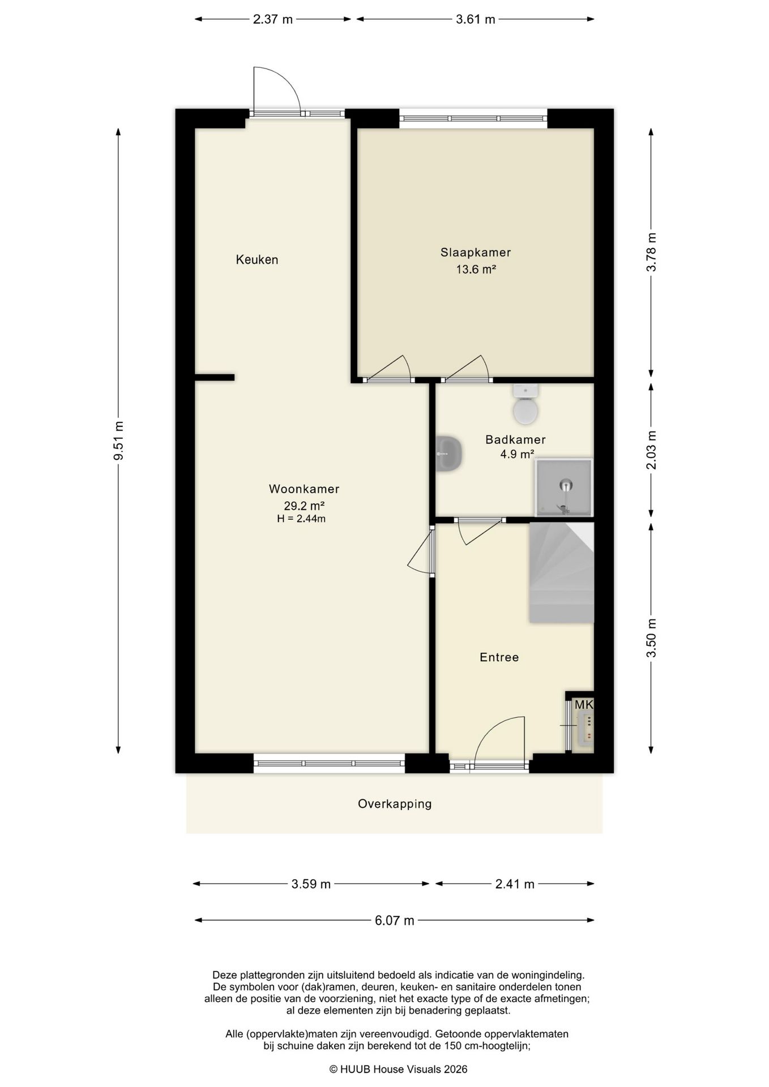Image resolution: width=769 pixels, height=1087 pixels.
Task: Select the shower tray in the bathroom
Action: (564, 487)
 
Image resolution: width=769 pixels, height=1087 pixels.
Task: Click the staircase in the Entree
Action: (561, 572)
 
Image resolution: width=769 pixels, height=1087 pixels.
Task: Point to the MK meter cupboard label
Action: (584, 705)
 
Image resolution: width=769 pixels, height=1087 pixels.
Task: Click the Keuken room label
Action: (257, 260)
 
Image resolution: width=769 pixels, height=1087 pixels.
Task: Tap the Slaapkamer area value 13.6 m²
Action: (476, 269)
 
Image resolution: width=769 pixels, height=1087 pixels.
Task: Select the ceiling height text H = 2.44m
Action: (301, 519)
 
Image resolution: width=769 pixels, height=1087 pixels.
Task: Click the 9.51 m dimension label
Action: (118, 442)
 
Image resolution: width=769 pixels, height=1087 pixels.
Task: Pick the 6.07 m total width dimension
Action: (395, 921)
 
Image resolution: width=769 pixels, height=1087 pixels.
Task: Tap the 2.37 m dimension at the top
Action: (273, 19)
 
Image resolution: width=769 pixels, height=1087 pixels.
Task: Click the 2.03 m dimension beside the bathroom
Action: (651, 450)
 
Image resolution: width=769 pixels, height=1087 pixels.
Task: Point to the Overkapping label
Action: (395, 803)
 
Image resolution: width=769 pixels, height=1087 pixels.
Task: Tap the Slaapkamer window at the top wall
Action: (473, 118)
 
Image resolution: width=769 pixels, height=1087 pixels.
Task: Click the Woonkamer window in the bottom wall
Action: (329, 764)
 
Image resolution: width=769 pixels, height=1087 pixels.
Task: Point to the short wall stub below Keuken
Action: (215, 378)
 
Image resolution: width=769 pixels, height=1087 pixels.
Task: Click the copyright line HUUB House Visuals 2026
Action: (399, 1069)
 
